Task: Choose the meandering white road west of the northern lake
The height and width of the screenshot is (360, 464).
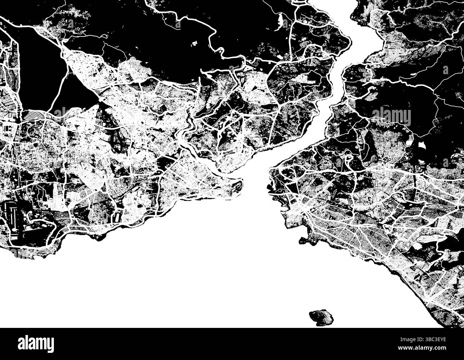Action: pyautogui.click(x=214, y=39)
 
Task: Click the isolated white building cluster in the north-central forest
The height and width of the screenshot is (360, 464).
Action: pyautogui.click(x=196, y=44)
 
